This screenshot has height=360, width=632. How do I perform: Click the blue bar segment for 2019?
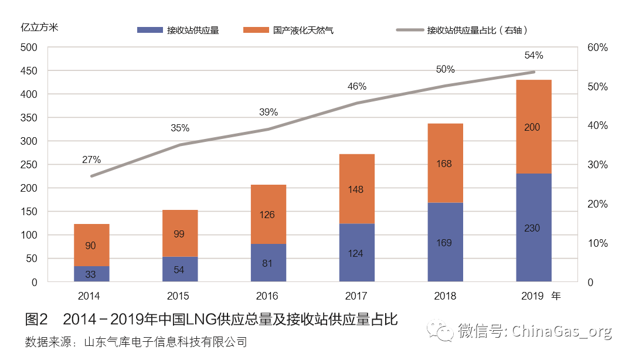pyautogui.click(x=534, y=227)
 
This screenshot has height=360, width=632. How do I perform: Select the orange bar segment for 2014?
pyautogui.click(x=91, y=245)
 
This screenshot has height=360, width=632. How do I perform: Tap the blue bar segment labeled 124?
pyautogui.click(x=356, y=253)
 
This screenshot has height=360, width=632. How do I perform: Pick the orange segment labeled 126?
pyautogui.click(x=269, y=214)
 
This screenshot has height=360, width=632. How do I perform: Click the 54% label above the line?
pyautogui.click(x=534, y=56)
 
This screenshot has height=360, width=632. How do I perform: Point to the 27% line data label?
pyautogui.click(x=91, y=159)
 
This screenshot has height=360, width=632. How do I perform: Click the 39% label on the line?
pyautogui.click(x=269, y=113)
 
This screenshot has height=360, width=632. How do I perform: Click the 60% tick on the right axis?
pyautogui.click(x=598, y=47)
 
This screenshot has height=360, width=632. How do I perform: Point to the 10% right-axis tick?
pyautogui.click(x=597, y=243)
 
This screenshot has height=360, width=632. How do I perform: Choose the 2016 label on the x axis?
pyautogui.click(x=268, y=296)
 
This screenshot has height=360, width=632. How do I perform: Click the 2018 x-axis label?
pyautogui.click(x=445, y=296)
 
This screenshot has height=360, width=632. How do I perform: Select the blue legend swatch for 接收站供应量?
pyautogui.click(x=150, y=30)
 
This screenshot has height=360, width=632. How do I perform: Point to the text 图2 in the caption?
pyautogui.click(x=36, y=320)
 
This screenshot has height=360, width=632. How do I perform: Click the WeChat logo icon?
pyautogui.click(x=440, y=331)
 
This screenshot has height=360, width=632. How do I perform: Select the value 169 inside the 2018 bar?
pyautogui.click(x=444, y=242)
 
